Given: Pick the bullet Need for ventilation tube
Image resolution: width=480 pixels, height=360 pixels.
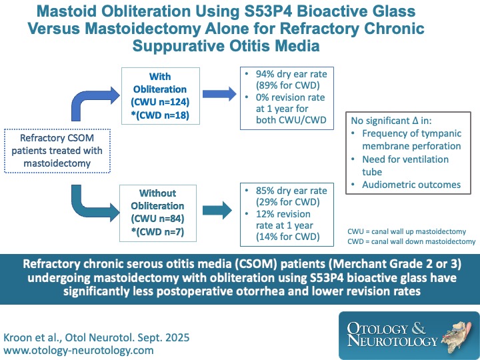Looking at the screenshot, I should (x=405, y=165).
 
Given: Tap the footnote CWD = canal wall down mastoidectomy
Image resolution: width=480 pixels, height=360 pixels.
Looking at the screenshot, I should (x=411, y=241).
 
